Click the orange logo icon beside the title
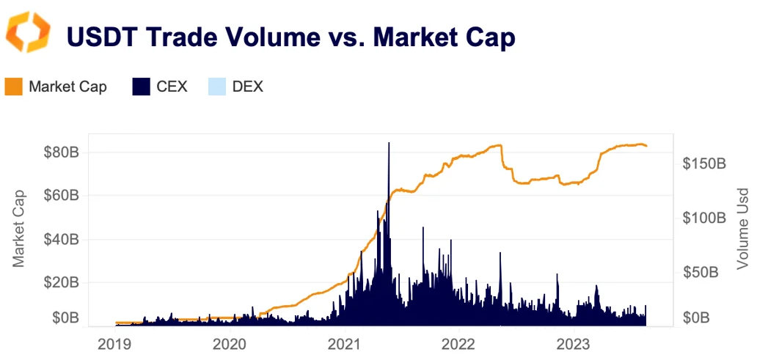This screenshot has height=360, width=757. click(x=28, y=32)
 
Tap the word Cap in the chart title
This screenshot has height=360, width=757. click(x=488, y=37)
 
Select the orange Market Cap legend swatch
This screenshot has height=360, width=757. click(x=15, y=87)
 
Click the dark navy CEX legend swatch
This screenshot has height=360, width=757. click(x=142, y=87)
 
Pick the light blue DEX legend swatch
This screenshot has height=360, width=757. click(x=216, y=87)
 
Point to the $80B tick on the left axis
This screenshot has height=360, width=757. click(x=60, y=153)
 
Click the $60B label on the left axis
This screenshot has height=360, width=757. click(x=60, y=196)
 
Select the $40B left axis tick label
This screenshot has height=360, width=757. click(x=60, y=239)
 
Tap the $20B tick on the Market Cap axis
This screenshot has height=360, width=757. click(x=60, y=282)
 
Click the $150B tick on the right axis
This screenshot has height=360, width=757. click(x=703, y=164)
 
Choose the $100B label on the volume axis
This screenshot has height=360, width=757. click(x=703, y=218)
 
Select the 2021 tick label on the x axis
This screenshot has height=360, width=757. click(x=345, y=343)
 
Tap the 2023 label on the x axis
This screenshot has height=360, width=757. click(x=574, y=343)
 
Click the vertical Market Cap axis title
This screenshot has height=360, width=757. click(x=19, y=228)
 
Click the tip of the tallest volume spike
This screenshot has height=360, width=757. click(x=388, y=143)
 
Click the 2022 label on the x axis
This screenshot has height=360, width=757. click(x=460, y=343)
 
